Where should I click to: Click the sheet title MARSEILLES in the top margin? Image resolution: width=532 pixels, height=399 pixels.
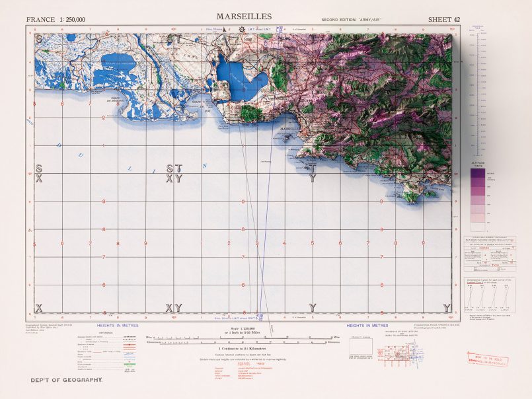point(243,16)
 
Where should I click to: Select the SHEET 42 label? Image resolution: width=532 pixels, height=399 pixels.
point(443,19)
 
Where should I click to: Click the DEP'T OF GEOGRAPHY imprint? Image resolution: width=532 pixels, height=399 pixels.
point(67,380)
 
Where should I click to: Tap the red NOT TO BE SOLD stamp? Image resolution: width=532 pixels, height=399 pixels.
point(484,357)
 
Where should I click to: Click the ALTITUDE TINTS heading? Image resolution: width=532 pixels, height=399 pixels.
point(477,163)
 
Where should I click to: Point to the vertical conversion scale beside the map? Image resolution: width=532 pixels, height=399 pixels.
point(477,92)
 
